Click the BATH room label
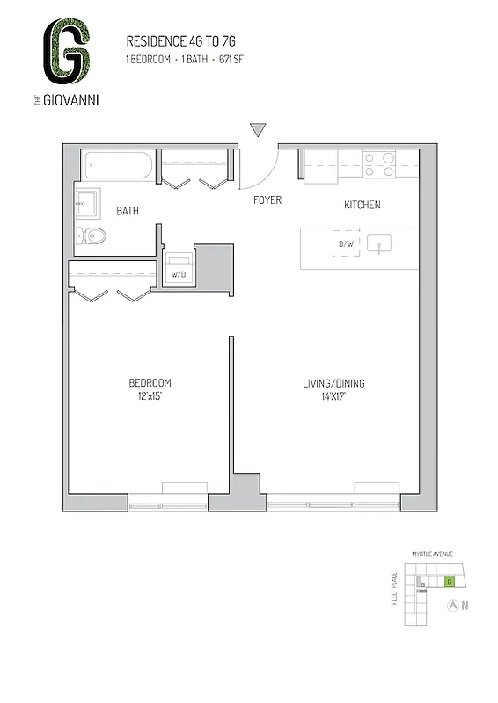click(128, 211)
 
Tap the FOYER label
click(267, 200)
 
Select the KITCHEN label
click(362, 205)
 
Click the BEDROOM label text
click(150, 383)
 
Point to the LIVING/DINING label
click(333, 383)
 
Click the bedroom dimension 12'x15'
click(150, 396)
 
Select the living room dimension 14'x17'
click(333, 396)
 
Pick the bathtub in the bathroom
click(119, 165)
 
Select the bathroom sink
click(88, 204)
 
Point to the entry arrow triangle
click(257, 130)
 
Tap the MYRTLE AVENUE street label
click(432, 554)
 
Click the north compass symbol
click(453, 605)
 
